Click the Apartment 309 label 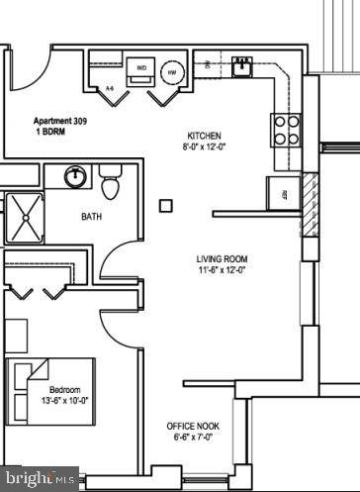click(x=62, y=116)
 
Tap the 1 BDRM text click(x=49, y=129)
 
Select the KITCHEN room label click(x=205, y=136)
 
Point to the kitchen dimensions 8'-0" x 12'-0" click(x=205, y=148)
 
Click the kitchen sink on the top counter click(x=240, y=67)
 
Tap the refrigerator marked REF click(x=284, y=193)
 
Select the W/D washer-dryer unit click(x=141, y=69)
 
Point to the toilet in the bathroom click(x=110, y=184)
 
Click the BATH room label click(x=92, y=217)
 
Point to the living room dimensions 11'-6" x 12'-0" click(x=221, y=269)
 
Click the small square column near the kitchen click(x=165, y=206)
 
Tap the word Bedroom click(x=65, y=390)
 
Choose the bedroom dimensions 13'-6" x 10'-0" click(x=65, y=401)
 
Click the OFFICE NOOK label click(x=193, y=426)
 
